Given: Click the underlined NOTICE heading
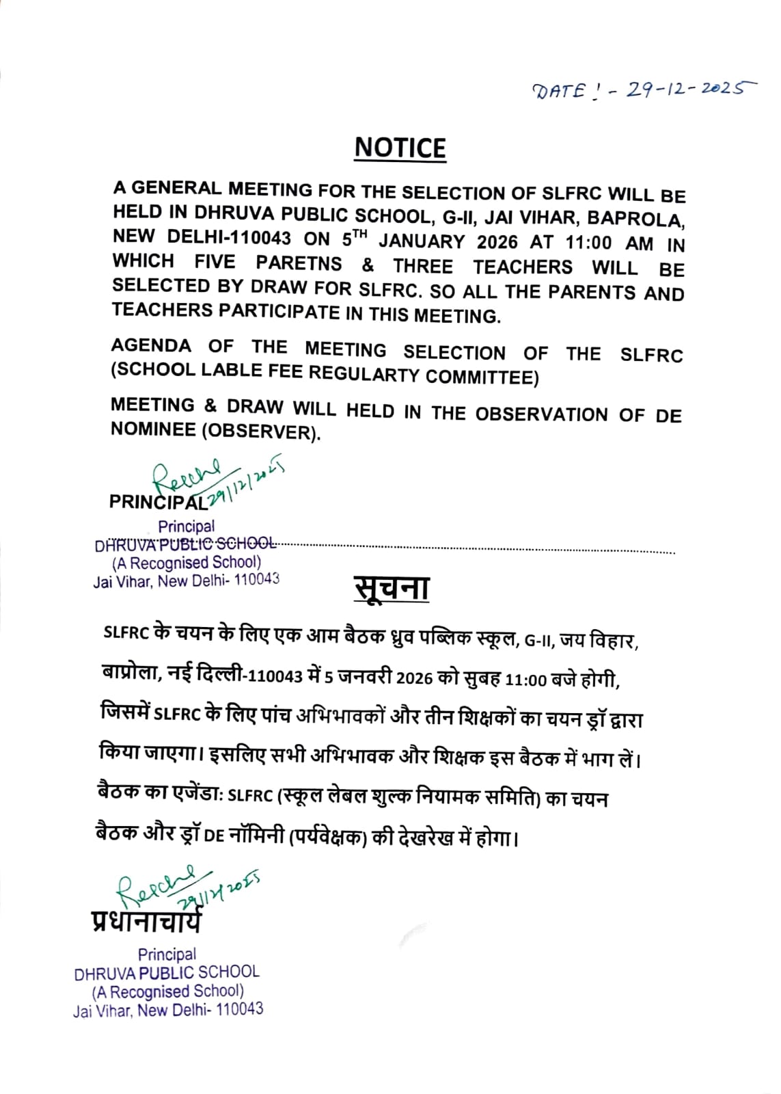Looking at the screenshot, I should [x=400, y=148].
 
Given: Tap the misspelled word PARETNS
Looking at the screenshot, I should [x=299, y=263].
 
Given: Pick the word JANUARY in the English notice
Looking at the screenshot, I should [x=422, y=241].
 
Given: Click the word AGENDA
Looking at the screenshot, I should [x=151, y=346].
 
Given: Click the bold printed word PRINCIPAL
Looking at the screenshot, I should [x=157, y=502].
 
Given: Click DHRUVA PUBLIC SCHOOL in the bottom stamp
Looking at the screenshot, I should [x=167, y=972].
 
